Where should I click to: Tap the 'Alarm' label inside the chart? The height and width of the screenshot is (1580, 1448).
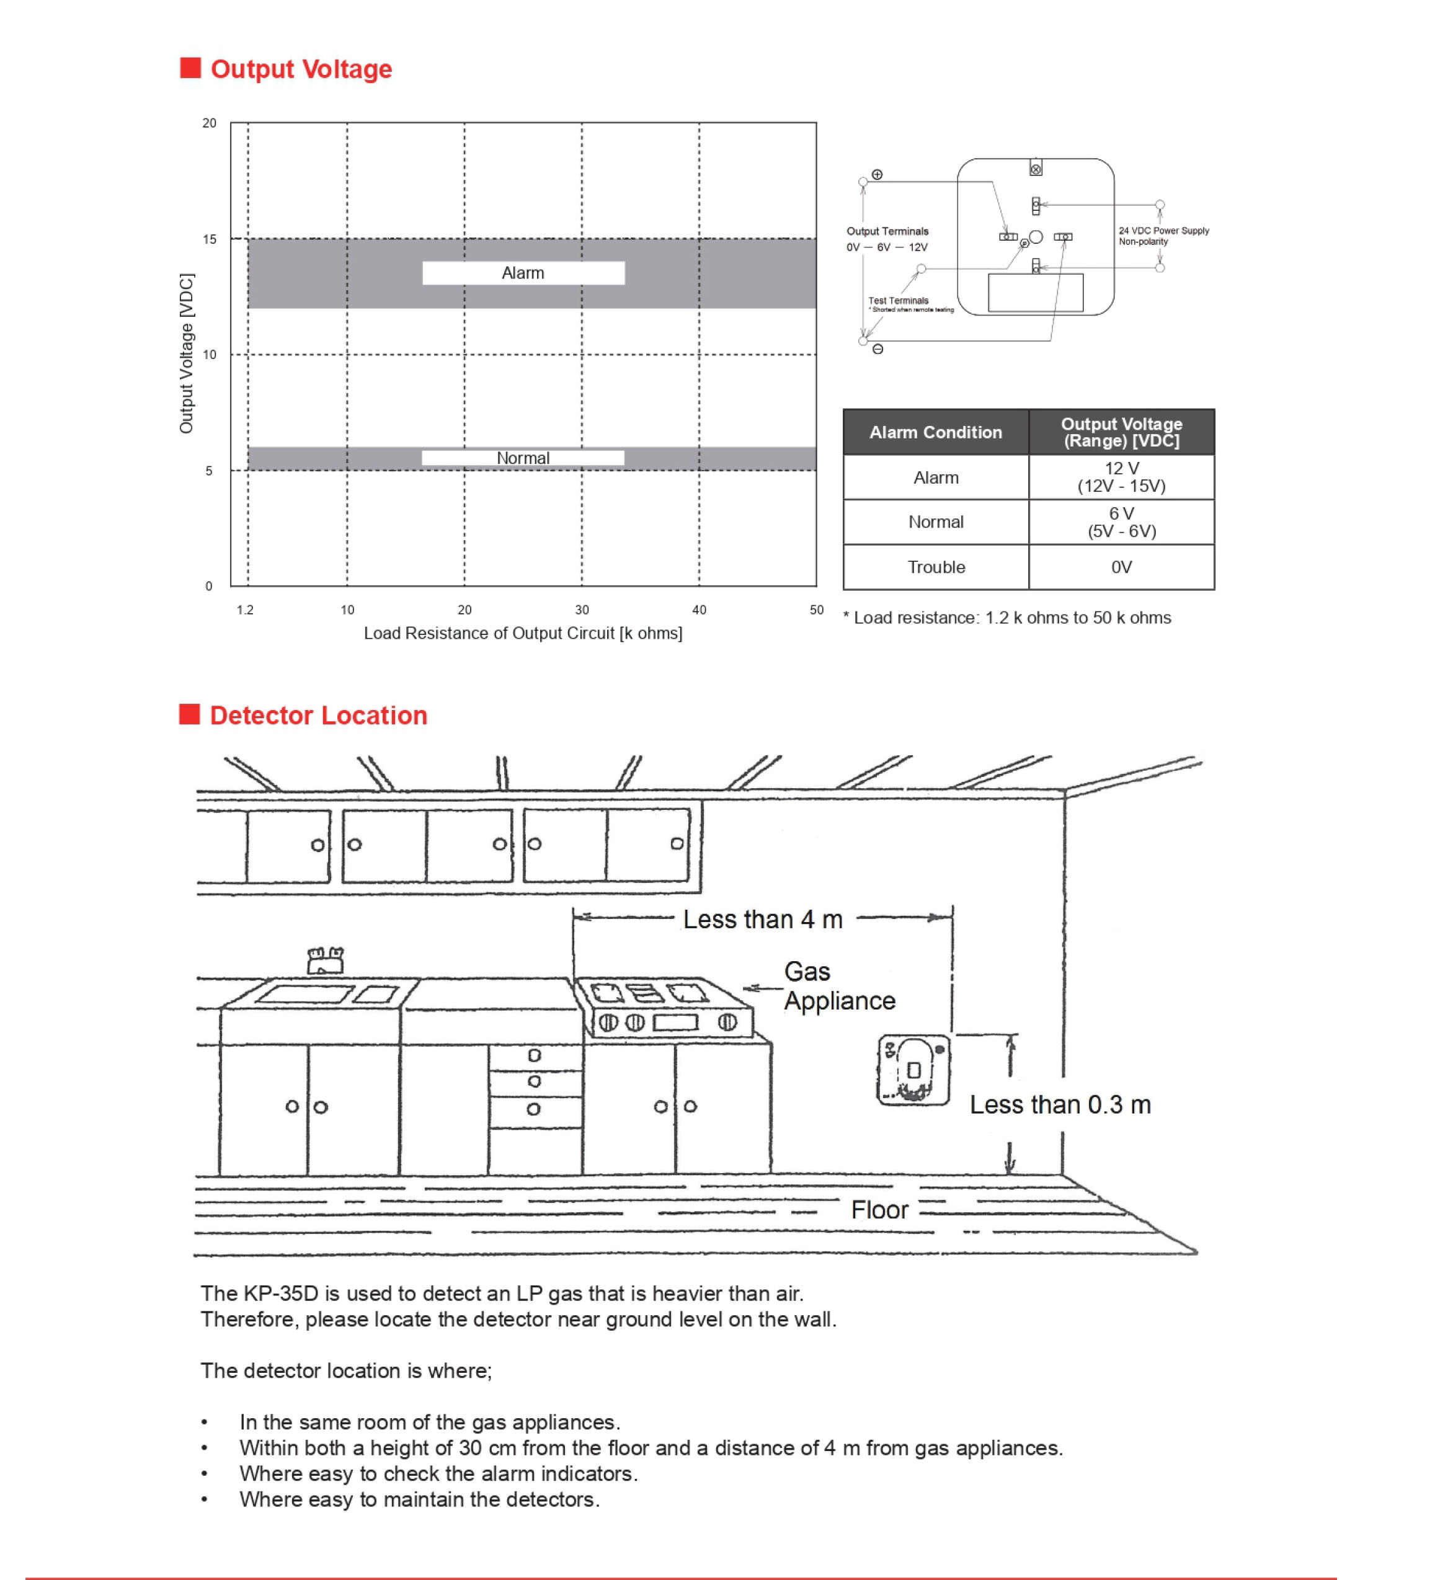click(x=523, y=273)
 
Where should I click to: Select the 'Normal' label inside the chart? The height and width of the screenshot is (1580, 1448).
click(x=523, y=458)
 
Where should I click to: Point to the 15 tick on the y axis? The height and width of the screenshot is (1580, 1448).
click(x=210, y=239)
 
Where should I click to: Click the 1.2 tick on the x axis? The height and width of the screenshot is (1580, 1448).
click(x=246, y=610)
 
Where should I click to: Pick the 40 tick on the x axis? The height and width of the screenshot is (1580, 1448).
click(x=698, y=610)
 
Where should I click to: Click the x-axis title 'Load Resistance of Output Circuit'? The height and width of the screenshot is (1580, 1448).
click(x=523, y=633)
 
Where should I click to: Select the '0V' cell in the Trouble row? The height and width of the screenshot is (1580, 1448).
click(x=1121, y=567)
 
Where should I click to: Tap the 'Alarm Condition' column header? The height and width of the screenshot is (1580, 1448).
click(x=935, y=432)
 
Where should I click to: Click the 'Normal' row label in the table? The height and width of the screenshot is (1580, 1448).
click(x=935, y=522)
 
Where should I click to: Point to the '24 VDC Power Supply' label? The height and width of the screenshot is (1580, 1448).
click(x=1163, y=231)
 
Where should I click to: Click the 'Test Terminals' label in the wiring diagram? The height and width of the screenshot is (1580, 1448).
click(x=899, y=300)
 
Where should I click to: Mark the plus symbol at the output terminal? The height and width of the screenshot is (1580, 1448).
click(x=877, y=175)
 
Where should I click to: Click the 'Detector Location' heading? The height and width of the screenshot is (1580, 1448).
click(x=318, y=716)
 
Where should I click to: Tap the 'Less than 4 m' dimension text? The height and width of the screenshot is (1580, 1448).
click(x=762, y=920)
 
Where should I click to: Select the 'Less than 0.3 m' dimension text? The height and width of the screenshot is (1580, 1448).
click(x=1060, y=1104)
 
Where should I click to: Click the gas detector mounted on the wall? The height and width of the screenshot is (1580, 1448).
click(x=913, y=1070)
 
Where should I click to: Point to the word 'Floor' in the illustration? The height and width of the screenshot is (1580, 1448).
click(x=879, y=1210)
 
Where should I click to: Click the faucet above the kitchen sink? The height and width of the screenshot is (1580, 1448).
click(x=326, y=960)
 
